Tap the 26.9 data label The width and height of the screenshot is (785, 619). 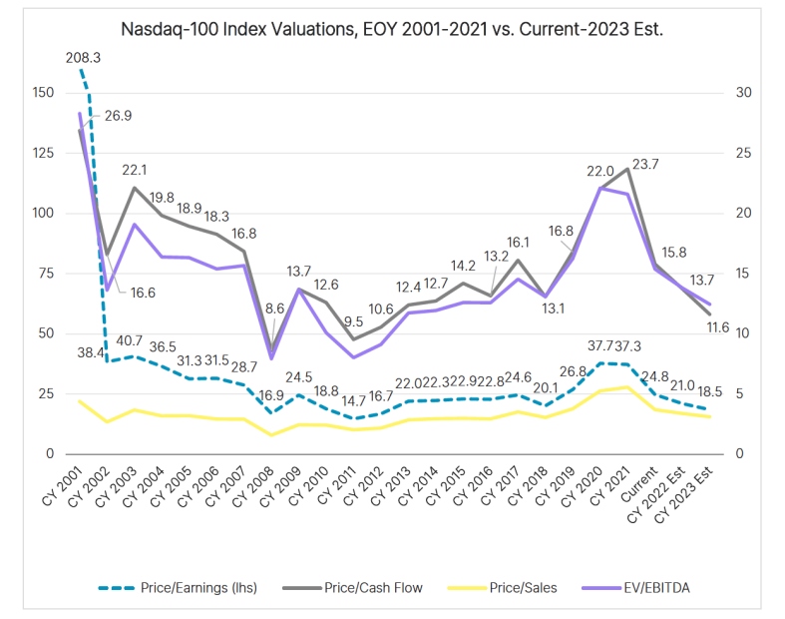pos(119,116)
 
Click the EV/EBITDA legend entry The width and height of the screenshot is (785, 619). pos(653,588)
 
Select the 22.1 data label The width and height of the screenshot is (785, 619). pos(135,170)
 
